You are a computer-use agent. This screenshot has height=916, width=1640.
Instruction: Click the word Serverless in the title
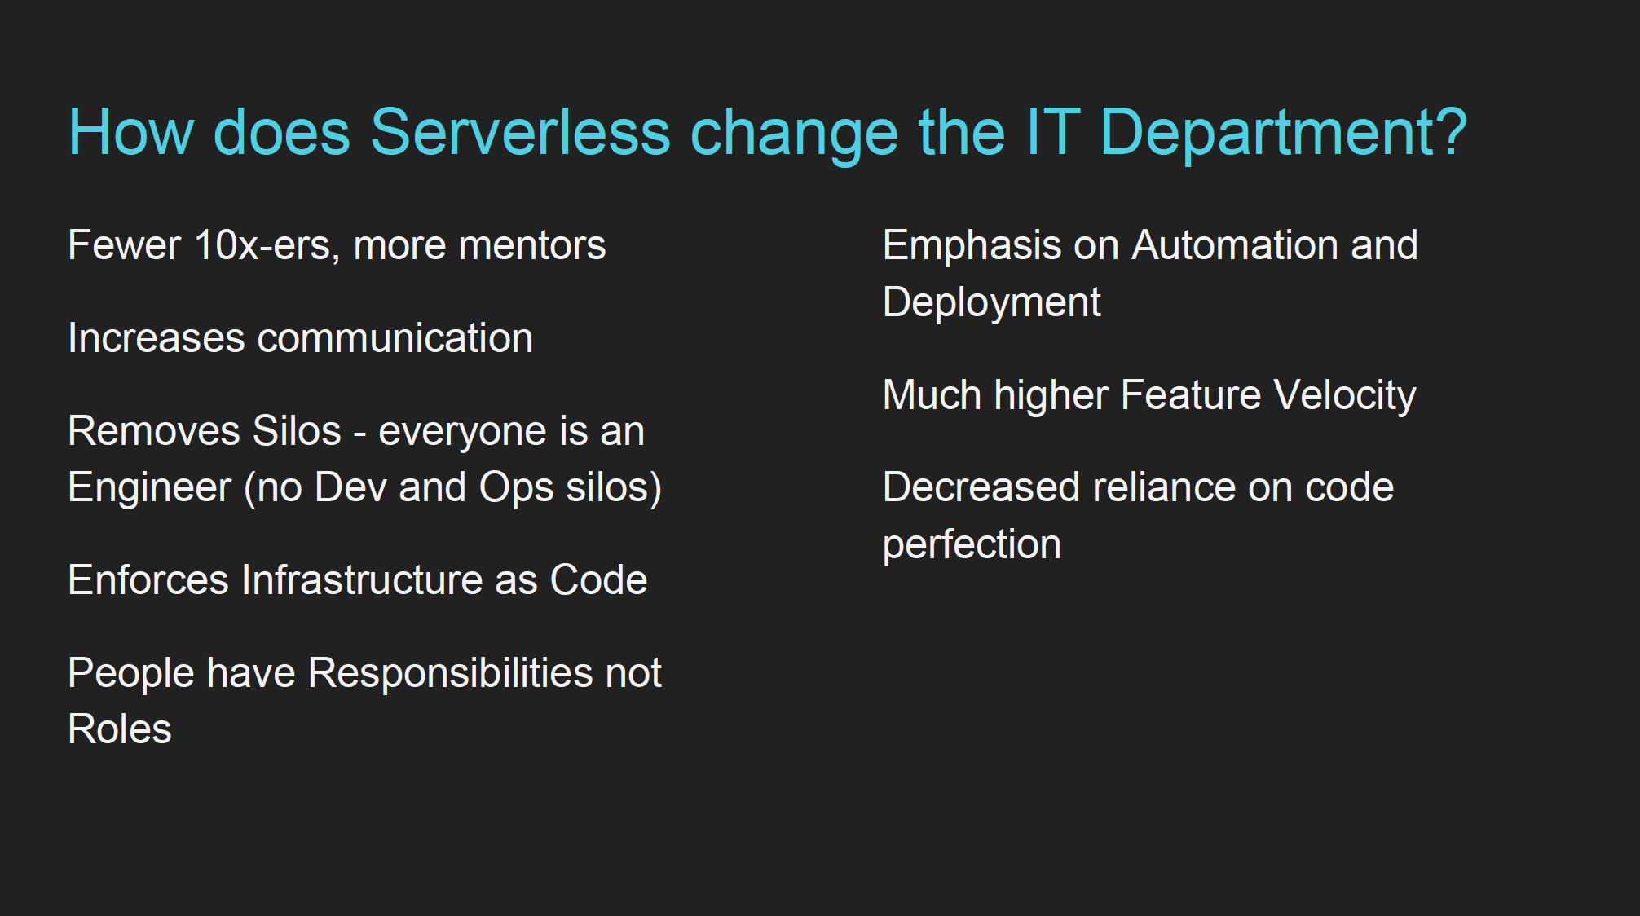(519, 132)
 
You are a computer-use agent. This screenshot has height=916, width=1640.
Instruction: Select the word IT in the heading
(1052, 132)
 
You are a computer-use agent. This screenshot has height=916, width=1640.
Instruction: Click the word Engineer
(150, 488)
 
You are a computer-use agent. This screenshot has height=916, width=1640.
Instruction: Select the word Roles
(120, 729)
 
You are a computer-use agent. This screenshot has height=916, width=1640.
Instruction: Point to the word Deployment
(991, 303)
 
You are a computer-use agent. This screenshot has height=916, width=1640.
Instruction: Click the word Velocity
(1344, 396)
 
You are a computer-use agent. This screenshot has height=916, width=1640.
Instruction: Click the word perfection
(972, 545)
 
